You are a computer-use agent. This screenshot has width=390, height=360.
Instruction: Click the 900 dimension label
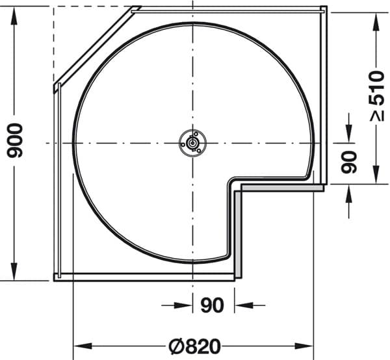coord(15,141)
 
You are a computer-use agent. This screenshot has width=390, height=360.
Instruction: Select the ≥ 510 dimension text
coord(376,96)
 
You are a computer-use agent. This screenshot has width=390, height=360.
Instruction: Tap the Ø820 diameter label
coord(195,346)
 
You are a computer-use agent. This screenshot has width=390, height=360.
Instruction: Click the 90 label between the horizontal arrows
coord(212,305)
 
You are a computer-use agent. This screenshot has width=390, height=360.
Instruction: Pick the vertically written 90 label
coord(349,162)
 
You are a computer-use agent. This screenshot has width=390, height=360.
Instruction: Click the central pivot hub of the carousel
coord(192,143)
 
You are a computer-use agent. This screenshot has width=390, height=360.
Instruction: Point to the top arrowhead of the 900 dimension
coord(14,16)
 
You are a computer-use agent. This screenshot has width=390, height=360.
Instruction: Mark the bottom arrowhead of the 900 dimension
coord(14,271)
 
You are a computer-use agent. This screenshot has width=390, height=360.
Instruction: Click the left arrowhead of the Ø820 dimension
coord(83,346)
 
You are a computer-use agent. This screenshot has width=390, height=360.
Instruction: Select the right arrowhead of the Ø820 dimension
coord(304,346)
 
